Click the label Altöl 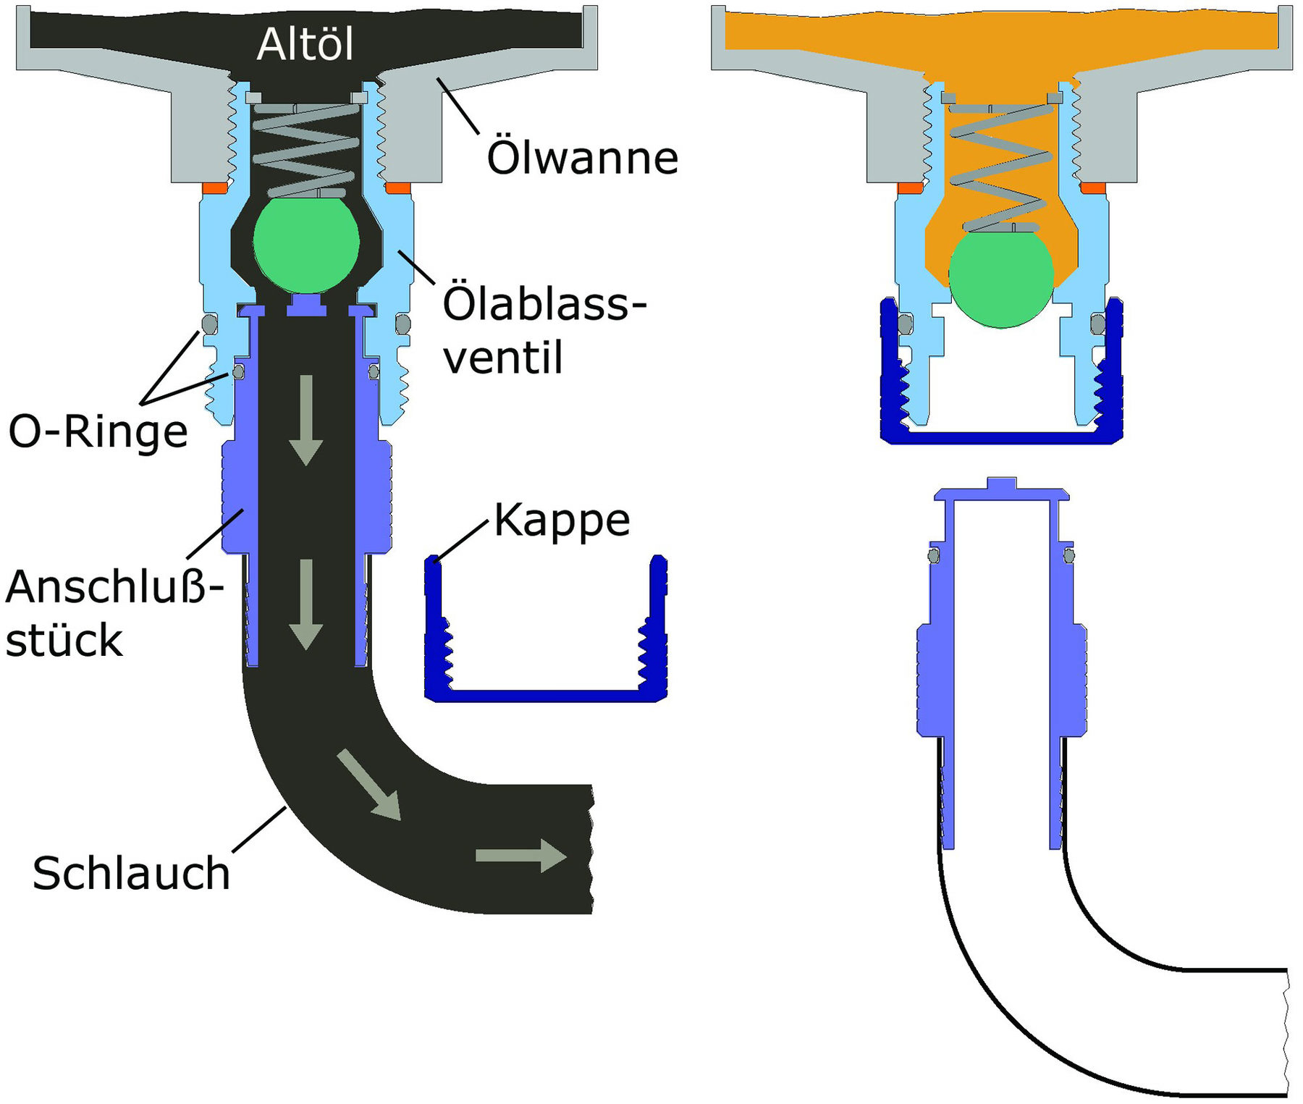tap(305, 45)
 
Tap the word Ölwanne tap(582, 158)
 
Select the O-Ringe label tap(98, 431)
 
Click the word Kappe tap(562, 520)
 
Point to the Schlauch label tap(131, 873)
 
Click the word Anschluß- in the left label tap(114, 586)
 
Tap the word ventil tap(502, 358)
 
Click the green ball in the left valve tap(305, 243)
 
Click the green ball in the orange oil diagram tap(1001, 279)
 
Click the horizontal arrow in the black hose tap(520, 856)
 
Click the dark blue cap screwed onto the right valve tap(1001, 436)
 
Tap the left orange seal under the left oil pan tap(215, 188)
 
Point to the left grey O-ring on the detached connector tap(934, 555)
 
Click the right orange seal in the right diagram tap(1092, 188)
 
